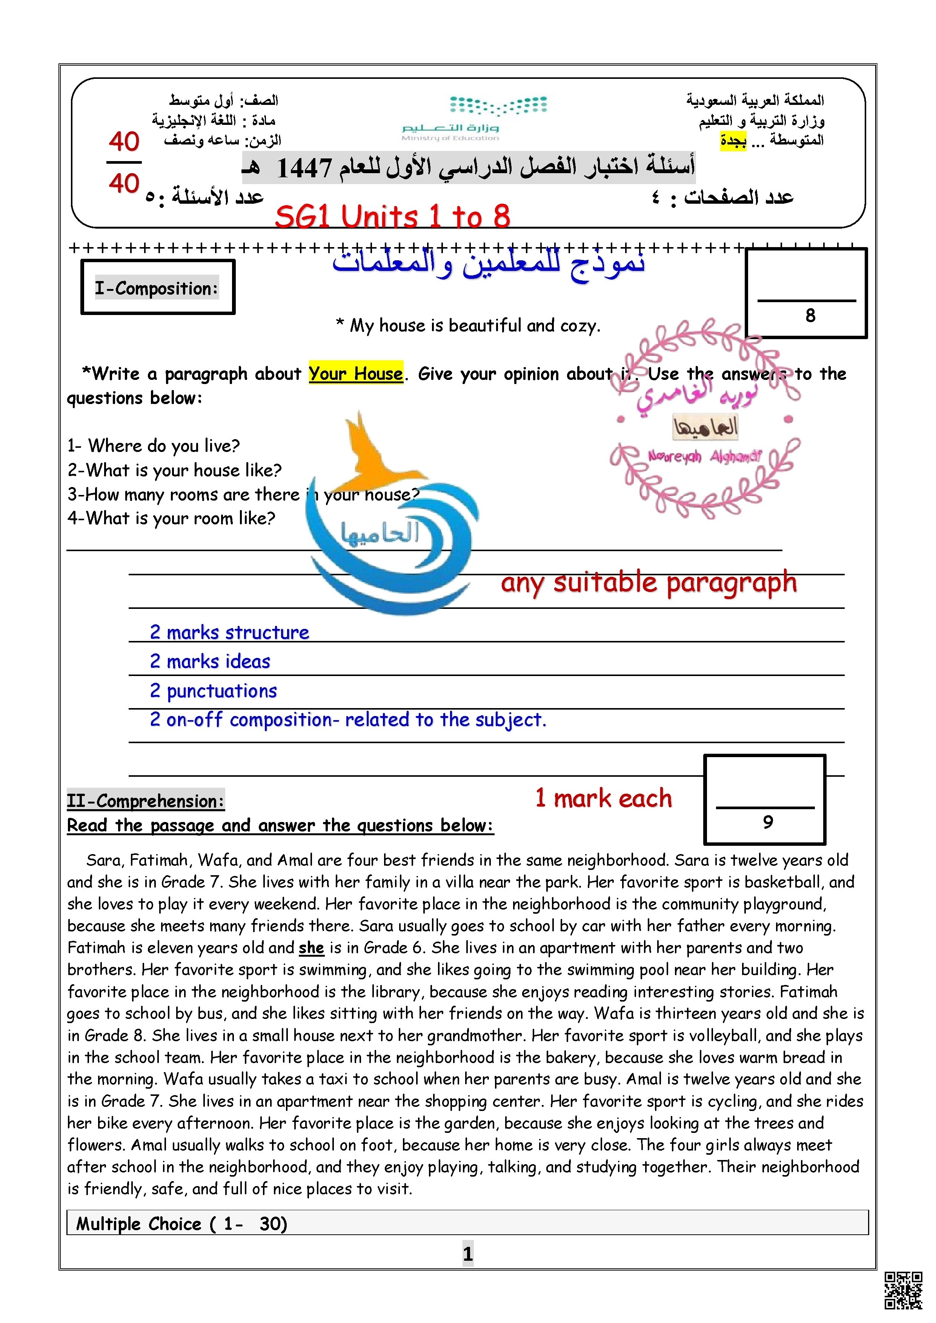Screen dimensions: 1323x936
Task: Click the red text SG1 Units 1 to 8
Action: (x=392, y=217)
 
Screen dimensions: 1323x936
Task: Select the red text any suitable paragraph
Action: (x=649, y=582)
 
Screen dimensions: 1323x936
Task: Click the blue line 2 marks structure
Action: (x=229, y=632)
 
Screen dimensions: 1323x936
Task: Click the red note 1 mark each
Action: (x=604, y=799)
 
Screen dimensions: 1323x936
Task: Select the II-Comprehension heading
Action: (x=145, y=801)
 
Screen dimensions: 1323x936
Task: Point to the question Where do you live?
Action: (x=153, y=446)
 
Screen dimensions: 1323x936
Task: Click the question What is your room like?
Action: (x=171, y=518)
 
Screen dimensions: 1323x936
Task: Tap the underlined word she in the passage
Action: (x=311, y=948)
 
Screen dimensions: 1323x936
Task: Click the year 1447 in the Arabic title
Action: (x=304, y=168)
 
